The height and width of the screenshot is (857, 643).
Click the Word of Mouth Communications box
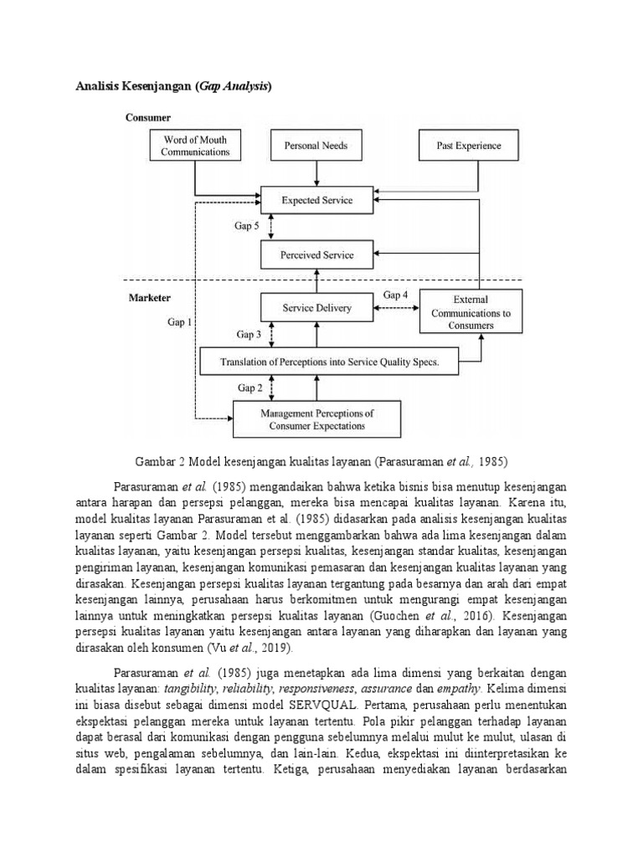pyautogui.click(x=196, y=146)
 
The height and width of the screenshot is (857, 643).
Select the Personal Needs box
pyautogui.click(x=316, y=146)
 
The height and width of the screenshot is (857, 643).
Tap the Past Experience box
pyautogui.click(x=469, y=146)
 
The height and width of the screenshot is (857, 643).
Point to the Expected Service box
pyautogui.click(x=316, y=201)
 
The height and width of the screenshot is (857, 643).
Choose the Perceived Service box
pyautogui.click(x=316, y=255)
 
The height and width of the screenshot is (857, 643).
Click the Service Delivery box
pyautogui.click(x=316, y=309)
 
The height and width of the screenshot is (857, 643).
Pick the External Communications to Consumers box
pyautogui.click(x=471, y=312)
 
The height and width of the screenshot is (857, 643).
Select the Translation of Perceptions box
pyautogui.click(x=328, y=362)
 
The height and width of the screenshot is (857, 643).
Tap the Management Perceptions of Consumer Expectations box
pyautogui.click(x=316, y=419)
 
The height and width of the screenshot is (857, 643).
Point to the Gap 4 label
pyautogui.click(x=395, y=295)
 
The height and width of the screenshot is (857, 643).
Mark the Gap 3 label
pyautogui.click(x=249, y=335)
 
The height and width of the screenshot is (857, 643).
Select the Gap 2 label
pyautogui.click(x=249, y=388)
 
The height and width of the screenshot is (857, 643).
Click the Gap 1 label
pyautogui.click(x=178, y=321)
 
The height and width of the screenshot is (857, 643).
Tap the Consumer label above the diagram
pyautogui.click(x=148, y=118)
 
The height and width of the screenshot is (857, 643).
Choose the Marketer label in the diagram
pyautogui.click(x=150, y=297)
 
